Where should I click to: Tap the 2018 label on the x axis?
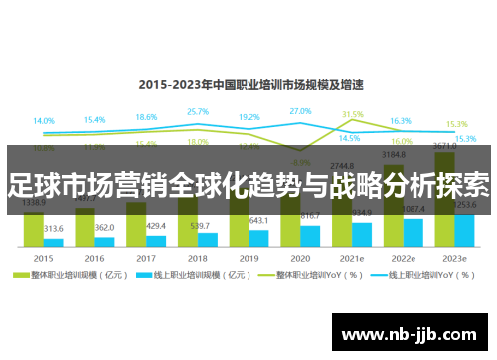point(198,256)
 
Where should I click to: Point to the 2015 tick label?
point(43,256)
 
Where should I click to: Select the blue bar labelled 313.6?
point(53,242)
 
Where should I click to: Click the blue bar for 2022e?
point(414,232)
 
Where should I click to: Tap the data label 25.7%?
point(198,112)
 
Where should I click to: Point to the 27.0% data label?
point(301,111)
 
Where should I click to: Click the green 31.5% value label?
point(353,115)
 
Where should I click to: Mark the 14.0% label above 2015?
point(44,121)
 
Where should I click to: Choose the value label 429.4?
point(156,226)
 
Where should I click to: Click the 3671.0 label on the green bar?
point(443,146)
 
